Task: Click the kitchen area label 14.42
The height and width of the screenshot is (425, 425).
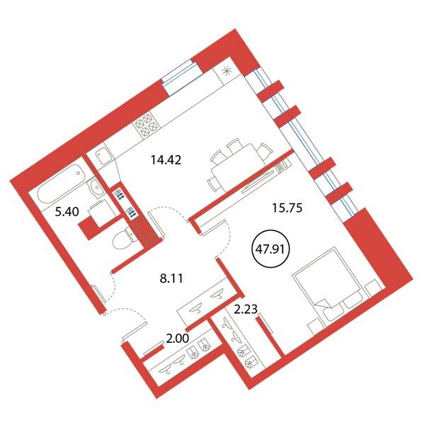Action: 166,160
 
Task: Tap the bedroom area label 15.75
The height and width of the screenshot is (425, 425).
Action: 287,208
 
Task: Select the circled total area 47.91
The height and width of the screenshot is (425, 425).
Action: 271,249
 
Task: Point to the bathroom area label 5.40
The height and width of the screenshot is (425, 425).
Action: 67,211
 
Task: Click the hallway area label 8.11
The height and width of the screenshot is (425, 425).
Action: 171,278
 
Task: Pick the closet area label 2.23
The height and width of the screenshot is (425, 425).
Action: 246,309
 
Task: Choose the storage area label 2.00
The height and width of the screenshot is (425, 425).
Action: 177,339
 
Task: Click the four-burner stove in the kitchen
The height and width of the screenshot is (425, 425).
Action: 147,125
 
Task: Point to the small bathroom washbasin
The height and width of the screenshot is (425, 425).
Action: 96,186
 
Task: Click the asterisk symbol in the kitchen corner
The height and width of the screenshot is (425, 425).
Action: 227,71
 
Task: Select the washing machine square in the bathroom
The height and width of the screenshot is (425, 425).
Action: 101,213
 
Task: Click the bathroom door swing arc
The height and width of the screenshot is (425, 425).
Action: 113,286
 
